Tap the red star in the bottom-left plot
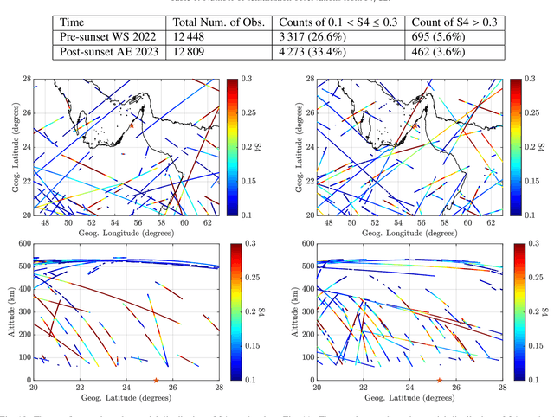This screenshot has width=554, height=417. tap(156, 380)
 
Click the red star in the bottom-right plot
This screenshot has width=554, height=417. tap(439, 380)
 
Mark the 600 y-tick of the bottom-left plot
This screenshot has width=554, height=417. tap(23, 243)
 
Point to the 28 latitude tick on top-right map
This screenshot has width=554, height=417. tap(308, 79)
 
